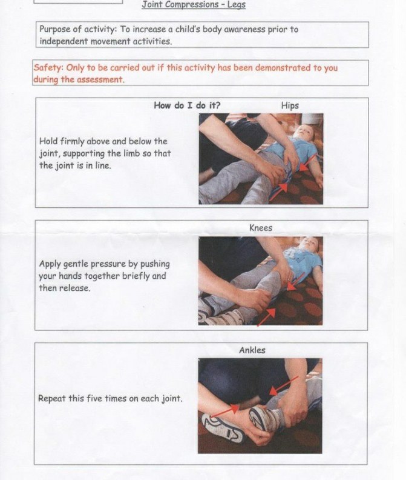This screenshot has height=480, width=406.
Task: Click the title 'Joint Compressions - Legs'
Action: [194, 5]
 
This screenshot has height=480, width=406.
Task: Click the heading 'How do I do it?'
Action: [187, 105]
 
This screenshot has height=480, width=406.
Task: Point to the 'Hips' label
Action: [290, 105]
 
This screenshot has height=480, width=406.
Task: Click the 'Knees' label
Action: [261, 228]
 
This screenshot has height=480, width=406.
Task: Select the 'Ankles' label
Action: [252, 350]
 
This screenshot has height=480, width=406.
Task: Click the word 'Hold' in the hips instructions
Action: [49, 141]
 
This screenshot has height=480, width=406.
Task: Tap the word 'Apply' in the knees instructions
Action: [51, 264]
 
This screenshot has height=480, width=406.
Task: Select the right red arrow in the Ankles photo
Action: [281, 384]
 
